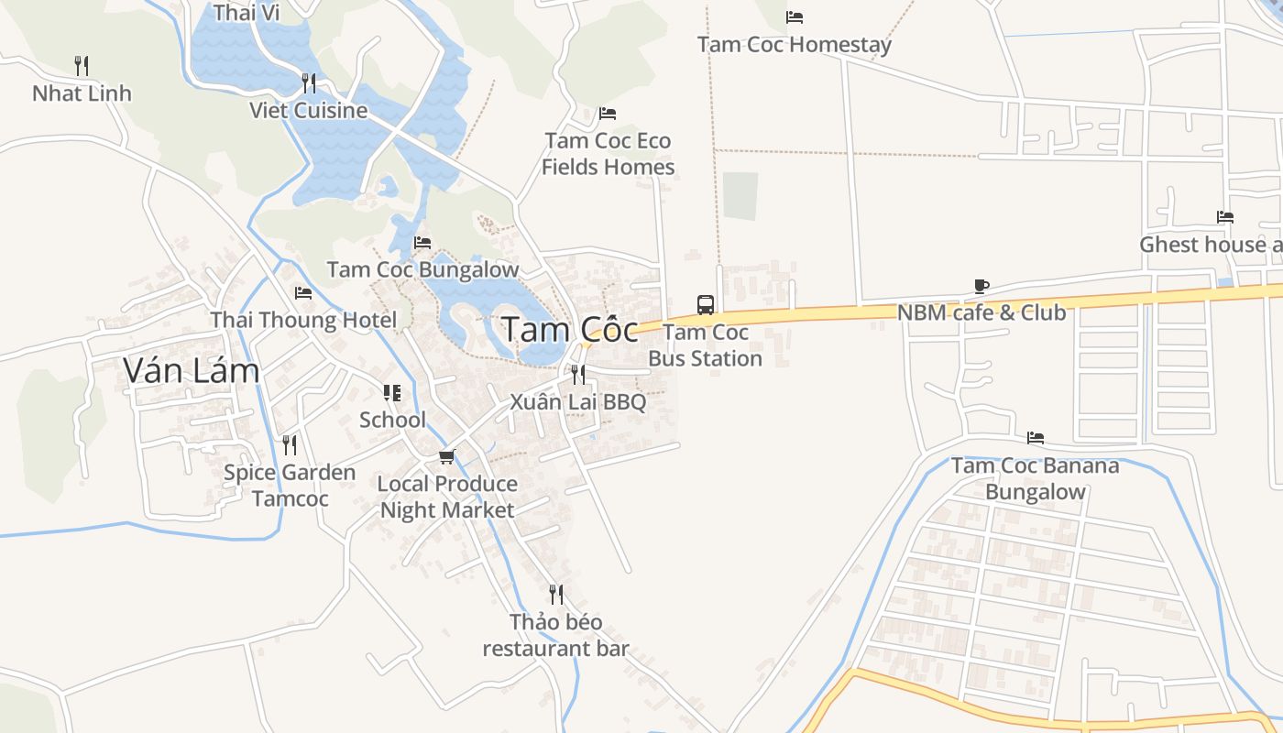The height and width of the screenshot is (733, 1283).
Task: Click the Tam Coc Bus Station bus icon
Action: [705, 305]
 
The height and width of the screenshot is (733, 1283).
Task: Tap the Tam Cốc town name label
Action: [570, 330]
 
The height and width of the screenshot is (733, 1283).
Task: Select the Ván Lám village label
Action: [191, 370]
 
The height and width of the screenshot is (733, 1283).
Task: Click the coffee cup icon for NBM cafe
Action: [981, 286]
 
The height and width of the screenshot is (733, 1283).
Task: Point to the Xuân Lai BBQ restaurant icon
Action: [577, 374]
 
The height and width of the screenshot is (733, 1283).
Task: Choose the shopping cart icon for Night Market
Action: [446, 456]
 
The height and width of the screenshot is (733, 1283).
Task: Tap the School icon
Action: [392, 393]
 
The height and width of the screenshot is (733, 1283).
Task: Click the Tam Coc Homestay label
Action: [794, 44]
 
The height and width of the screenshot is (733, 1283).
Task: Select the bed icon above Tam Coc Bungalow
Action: [422, 242]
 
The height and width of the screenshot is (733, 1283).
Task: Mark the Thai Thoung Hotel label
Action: [303, 320]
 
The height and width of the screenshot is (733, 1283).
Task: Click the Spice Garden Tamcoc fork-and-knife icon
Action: [290, 445]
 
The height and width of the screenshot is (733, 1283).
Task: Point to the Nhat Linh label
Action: [82, 93]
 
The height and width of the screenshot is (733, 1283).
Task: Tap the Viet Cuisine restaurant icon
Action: [309, 83]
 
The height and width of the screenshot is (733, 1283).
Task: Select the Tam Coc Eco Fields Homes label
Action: [608, 154]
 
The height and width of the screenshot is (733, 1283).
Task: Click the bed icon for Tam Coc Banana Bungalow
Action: [1036, 438]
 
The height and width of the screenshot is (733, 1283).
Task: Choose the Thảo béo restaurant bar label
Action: [555, 635]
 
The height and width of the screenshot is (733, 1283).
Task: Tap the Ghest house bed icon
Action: [1225, 217]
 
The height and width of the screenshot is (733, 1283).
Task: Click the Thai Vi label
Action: [246, 13]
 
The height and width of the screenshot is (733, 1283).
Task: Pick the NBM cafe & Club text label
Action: [981, 312]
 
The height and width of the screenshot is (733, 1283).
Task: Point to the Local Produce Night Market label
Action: [447, 497]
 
